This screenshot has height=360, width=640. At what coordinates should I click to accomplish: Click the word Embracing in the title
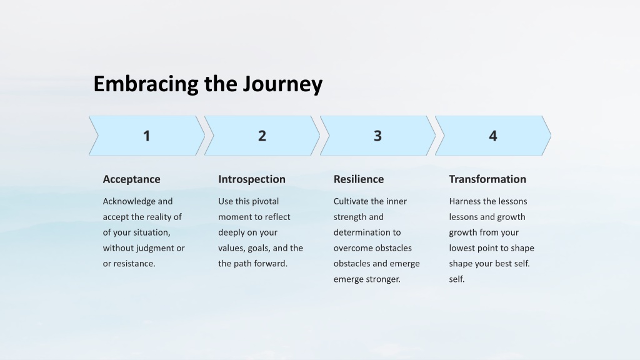pos(146,84)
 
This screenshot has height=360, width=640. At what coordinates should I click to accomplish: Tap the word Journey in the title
pos(282,84)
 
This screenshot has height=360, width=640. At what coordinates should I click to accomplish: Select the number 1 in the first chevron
pos(146,136)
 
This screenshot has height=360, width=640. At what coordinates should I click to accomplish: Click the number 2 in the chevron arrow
pos(262,136)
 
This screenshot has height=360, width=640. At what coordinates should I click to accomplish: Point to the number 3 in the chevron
pos(377,136)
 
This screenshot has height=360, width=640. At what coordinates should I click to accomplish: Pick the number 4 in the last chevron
pos(493,136)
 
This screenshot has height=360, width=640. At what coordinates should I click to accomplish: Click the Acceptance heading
pos(131,179)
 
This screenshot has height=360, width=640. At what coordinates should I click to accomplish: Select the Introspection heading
pos(252,179)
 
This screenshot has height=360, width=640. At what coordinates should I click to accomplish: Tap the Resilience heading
pos(359,179)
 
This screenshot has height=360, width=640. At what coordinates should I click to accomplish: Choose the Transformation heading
pos(487,179)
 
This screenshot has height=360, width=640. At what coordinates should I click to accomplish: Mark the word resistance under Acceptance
pos(134,264)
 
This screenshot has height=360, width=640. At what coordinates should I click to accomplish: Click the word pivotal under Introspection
pos(265,202)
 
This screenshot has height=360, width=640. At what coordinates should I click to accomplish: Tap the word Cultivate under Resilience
pos(351,201)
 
